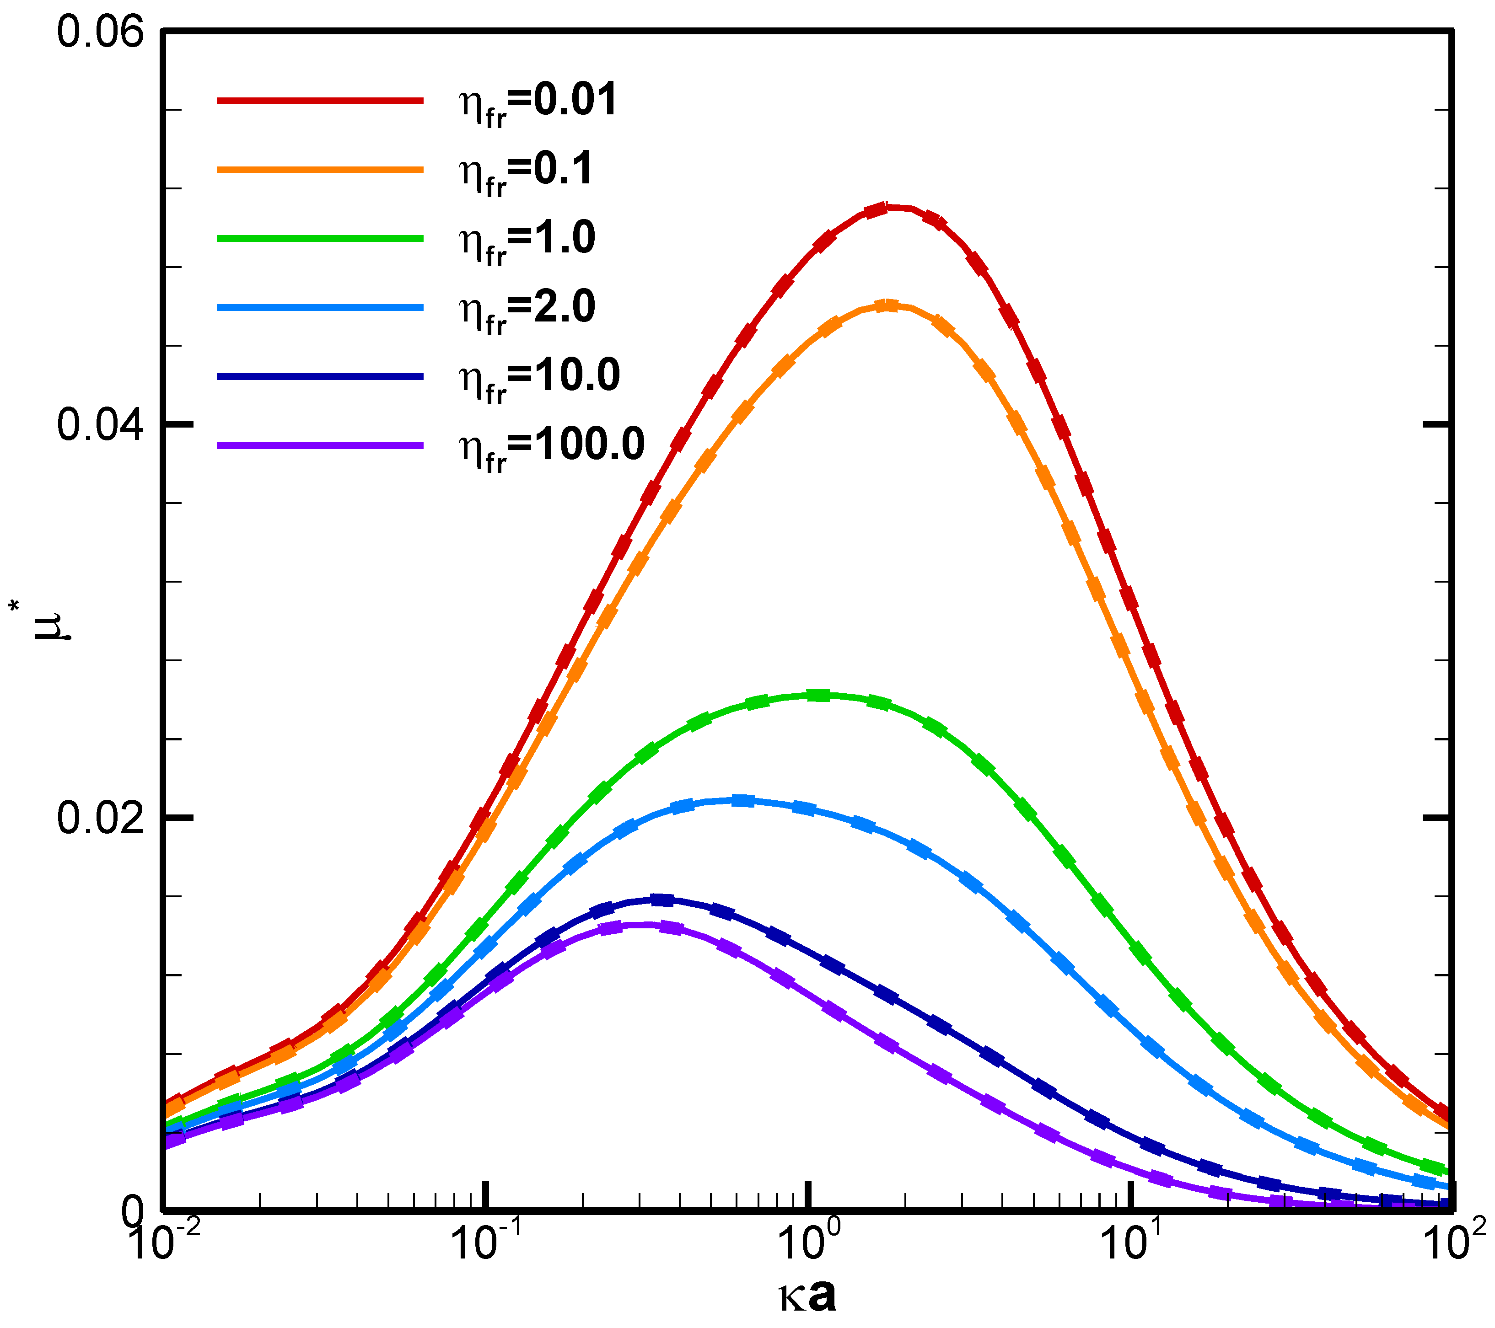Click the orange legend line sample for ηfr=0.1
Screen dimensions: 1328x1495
[x=320, y=170]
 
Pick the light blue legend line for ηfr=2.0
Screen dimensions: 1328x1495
[x=320, y=308]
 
